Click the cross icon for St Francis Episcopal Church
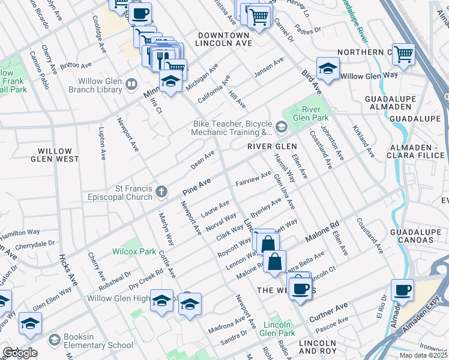click(161, 191)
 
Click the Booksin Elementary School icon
click(55, 341)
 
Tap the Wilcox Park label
click(134, 252)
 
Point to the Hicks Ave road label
click(68, 271)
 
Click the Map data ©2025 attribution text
click(424, 355)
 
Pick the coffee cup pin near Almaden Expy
click(402, 290)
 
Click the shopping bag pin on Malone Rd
click(274, 262)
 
